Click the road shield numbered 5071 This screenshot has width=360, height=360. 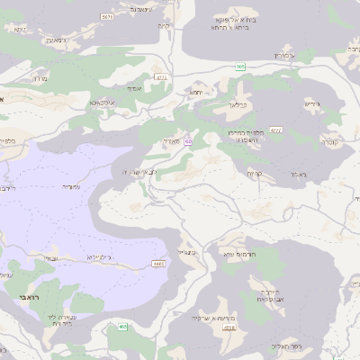pyautogui.click(x=108, y=16)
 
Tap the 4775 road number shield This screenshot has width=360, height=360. pyautogui.click(x=160, y=78)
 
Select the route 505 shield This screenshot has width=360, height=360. pyautogui.click(x=240, y=67)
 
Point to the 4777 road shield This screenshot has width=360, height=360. pyautogui.click(x=275, y=130)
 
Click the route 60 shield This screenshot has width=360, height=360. pyautogui.click(x=187, y=141)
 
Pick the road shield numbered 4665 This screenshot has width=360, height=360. pyautogui.click(x=158, y=264)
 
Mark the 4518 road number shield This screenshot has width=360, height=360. pyautogui.click(x=229, y=328)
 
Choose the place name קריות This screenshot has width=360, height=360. pyautogui.click(x=254, y=174)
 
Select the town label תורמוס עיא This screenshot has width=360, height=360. pyautogui.click(x=240, y=255)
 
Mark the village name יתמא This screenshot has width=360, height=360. pyautogui.click(x=196, y=92)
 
